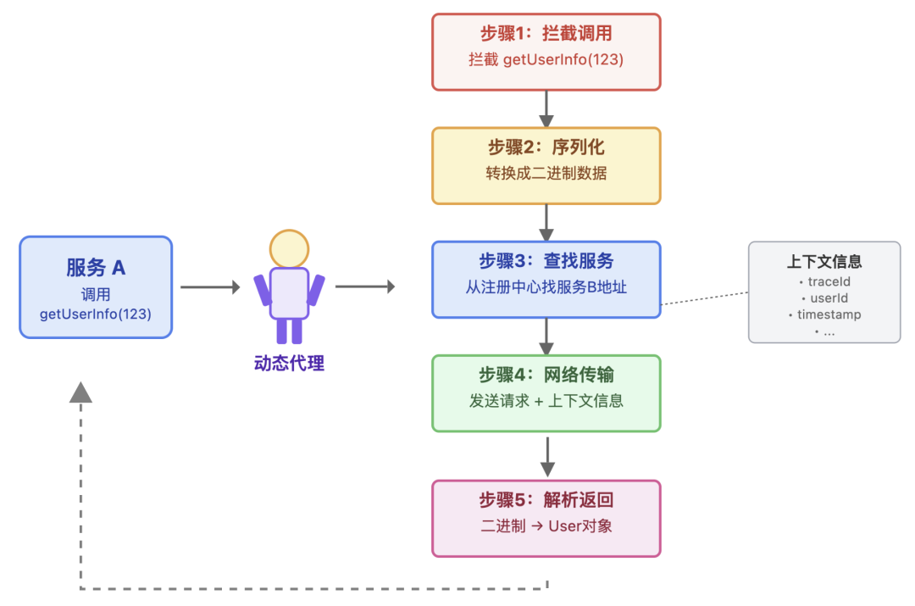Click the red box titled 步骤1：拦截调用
click(x=546, y=51)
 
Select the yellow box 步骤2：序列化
click(x=546, y=165)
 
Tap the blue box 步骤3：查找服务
click(x=546, y=279)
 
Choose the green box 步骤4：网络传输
click(x=546, y=392)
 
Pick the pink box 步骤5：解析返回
click(x=546, y=518)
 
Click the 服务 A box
click(x=96, y=287)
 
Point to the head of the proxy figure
click(x=289, y=248)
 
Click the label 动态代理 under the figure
click(x=289, y=364)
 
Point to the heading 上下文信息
click(x=824, y=262)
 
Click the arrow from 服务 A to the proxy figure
click(x=210, y=287)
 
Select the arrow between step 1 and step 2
click(x=546, y=108)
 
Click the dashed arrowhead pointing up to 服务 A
click(x=80, y=391)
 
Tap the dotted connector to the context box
click(x=704, y=298)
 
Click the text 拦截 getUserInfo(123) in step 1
click(x=546, y=59)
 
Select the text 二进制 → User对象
click(x=546, y=525)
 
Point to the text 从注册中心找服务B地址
click(x=546, y=287)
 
